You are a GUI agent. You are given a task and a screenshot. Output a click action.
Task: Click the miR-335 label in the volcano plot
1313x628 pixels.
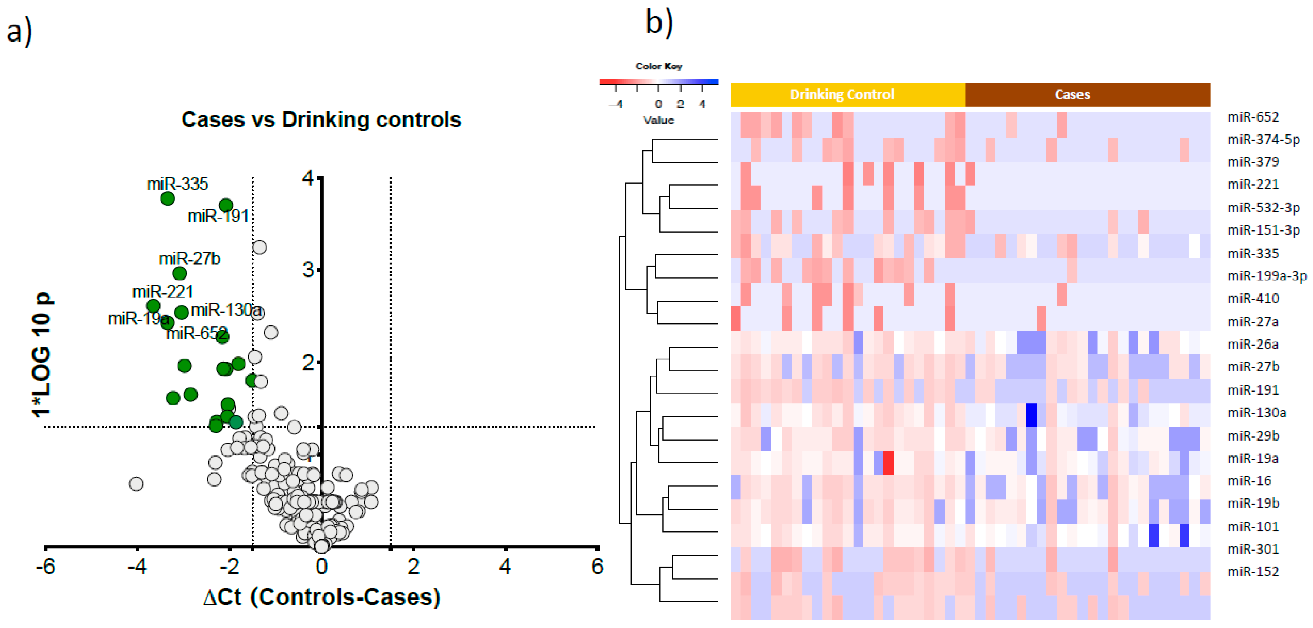pos(178,184)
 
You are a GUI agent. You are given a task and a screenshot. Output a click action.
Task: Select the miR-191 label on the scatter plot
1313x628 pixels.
pos(218,216)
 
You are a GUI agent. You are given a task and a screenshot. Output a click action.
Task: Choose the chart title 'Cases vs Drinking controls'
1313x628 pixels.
pos(321,120)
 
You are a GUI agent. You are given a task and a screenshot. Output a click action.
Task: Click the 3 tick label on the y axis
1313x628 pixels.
pos(308,270)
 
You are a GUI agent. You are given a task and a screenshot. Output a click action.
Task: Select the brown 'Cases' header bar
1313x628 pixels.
pos(1087,94)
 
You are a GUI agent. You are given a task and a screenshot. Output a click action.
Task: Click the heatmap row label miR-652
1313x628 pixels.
pos(1253,117)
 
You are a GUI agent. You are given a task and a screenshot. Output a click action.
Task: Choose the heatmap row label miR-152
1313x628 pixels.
pos(1253,571)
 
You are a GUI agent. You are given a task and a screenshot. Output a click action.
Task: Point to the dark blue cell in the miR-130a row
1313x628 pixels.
pos(1031,415)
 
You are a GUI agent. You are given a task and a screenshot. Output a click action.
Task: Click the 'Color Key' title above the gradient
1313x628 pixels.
pos(658,66)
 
